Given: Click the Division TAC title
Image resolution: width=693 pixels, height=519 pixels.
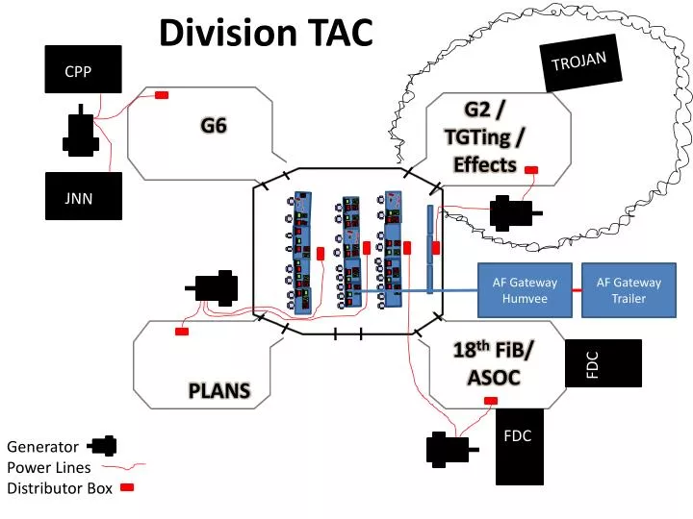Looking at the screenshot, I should pyautogui.click(x=266, y=33).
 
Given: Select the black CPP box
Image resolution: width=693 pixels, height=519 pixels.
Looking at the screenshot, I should pyautogui.click(x=83, y=70).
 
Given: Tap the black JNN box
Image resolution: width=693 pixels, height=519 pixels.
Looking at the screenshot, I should pyautogui.click(x=83, y=197).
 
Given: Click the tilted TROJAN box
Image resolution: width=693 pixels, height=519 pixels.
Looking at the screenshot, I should pyautogui.click(x=579, y=63).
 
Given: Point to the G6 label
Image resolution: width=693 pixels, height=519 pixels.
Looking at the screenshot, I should pyautogui.click(x=214, y=124).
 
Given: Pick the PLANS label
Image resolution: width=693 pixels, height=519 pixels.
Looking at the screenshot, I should pyautogui.click(x=218, y=390).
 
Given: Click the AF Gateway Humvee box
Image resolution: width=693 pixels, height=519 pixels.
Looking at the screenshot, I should pyautogui.click(x=525, y=290).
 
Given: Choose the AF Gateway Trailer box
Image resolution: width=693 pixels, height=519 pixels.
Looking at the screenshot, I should pyautogui.click(x=629, y=290).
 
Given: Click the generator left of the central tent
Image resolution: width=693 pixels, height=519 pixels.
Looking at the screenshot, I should pyautogui.click(x=217, y=287).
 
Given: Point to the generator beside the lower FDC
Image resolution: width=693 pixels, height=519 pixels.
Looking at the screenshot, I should pyautogui.click(x=449, y=448).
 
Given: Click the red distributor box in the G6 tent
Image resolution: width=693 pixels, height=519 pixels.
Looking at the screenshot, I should pyautogui.click(x=162, y=94).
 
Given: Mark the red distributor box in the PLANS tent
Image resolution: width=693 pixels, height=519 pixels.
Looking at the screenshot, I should pyautogui.click(x=181, y=332).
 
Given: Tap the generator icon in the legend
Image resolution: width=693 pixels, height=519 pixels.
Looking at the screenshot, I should pyautogui.click(x=102, y=445).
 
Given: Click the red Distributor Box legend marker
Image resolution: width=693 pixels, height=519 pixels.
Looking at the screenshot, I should pyautogui.click(x=127, y=488).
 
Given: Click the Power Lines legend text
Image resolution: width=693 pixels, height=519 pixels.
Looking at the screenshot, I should pyautogui.click(x=49, y=468).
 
